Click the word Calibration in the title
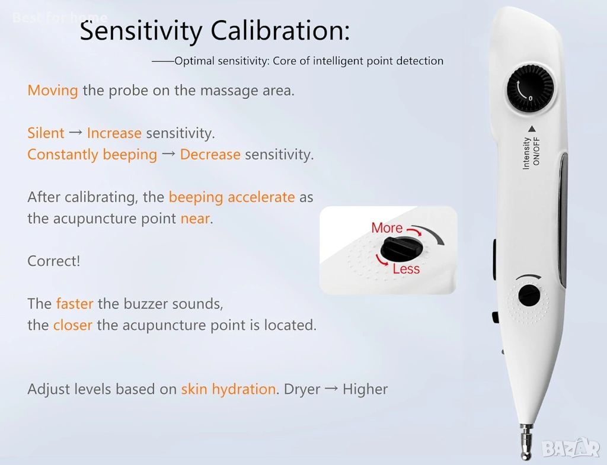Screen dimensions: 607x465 tap(280, 30)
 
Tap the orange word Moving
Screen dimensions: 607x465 tap(53, 91)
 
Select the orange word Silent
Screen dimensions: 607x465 tap(46, 133)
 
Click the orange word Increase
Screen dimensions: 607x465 tap(114, 133)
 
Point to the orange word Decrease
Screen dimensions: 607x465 tap(210, 155)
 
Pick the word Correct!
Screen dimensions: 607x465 tap(54, 261)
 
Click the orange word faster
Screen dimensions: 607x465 tap(75, 304)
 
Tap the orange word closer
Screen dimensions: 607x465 tap(73, 325)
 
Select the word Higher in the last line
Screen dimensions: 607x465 tap(365, 389)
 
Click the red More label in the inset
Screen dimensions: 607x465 tap(386, 228)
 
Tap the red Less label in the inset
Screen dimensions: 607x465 tap(406, 269)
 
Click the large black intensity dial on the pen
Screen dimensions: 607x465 tap(531, 89)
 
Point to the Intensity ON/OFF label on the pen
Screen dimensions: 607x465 tap(531, 152)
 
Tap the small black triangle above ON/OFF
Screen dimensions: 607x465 tap(532, 129)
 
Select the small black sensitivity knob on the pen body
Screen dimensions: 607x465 tap(529, 295)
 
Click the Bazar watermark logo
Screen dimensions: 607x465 tap(571, 448)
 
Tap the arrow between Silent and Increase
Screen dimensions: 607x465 tap(75, 133)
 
